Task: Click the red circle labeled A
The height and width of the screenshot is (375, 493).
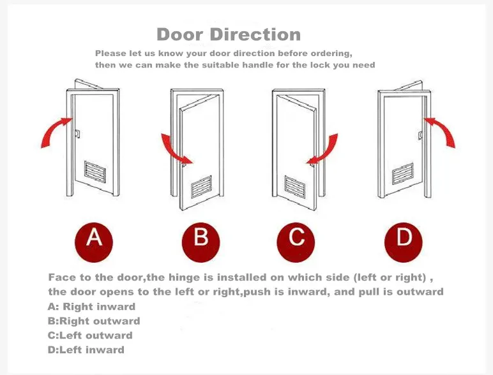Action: click(94, 242)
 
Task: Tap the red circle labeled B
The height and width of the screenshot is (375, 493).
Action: click(201, 242)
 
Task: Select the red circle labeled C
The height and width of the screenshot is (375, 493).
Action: click(296, 242)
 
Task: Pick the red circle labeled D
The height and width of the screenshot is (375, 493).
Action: click(404, 242)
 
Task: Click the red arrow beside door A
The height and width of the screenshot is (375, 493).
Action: click(53, 129)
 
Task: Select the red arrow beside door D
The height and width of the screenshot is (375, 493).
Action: click(443, 129)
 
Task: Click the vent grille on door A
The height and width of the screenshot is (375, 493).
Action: click(95, 172)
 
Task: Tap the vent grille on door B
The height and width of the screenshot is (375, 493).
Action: click(202, 187)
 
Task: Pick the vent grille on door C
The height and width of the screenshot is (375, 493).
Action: click(295, 187)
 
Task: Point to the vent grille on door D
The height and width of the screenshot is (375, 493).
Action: click(403, 173)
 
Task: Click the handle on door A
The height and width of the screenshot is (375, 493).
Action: click(77, 134)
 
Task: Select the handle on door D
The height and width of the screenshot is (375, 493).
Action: click(420, 135)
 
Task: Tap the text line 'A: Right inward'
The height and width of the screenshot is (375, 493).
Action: click(91, 307)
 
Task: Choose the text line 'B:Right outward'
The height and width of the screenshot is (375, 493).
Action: click(94, 321)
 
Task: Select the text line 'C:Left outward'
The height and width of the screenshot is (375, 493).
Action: click(90, 335)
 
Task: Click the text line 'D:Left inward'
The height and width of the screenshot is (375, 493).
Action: click(86, 350)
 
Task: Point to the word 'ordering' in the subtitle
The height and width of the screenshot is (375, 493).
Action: click(331, 54)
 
